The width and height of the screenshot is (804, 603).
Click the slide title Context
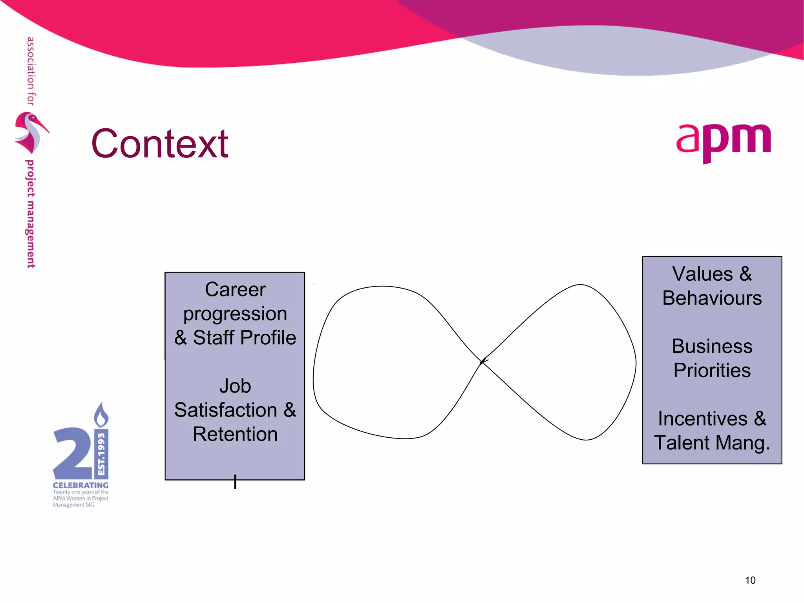tap(160, 144)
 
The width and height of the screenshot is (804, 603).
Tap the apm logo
tap(724, 141)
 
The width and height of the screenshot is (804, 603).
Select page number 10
tap(750, 580)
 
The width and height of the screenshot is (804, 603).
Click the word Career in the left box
tap(235, 290)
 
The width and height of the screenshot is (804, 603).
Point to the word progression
tap(235, 314)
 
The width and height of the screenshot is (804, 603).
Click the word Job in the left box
tap(235, 386)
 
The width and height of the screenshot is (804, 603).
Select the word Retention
tap(235, 434)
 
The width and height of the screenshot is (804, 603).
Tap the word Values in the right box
tap(702, 274)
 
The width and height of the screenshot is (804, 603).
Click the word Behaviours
tap(712, 298)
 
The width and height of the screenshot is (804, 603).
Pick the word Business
tap(712, 346)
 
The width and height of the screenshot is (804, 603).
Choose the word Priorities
tap(712, 371)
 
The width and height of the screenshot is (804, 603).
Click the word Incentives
tap(702, 418)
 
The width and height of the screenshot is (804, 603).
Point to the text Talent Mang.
tap(712, 443)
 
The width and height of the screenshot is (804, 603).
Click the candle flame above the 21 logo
tap(101, 415)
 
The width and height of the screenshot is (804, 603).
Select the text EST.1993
tap(101, 454)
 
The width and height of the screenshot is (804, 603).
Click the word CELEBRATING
tap(80, 486)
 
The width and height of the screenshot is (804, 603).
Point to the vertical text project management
tap(31, 214)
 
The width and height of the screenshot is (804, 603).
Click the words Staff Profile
tap(244, 338)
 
